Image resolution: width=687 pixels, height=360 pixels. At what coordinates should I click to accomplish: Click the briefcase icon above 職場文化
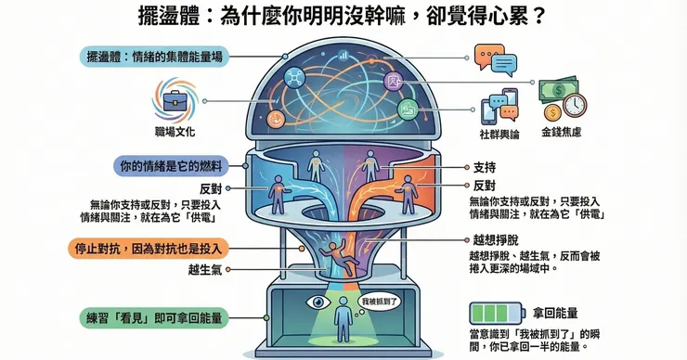[x=175, y=101]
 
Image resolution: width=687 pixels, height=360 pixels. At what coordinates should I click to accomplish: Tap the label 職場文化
[x=175, y=132]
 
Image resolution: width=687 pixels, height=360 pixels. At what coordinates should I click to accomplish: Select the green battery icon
[x=497, y=313]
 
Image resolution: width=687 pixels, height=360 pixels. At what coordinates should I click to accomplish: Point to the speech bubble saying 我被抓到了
[x=379, y=302]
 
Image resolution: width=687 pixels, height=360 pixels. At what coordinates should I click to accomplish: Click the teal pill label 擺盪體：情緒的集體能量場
[x=154, y=57]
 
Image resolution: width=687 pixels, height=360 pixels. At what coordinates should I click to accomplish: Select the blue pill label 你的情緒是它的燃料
[x=172, y=166]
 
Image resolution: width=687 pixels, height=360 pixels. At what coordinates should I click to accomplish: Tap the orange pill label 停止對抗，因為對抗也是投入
[x=149, y=249]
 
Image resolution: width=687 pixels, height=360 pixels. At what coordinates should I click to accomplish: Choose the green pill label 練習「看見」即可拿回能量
[x=154, y=318]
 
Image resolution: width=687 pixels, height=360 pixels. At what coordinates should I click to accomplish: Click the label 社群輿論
[x=499, y=135]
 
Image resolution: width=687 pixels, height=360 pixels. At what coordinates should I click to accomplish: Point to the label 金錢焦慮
[x=562, y=133]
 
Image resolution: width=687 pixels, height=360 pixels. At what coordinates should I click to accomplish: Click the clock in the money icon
[x=575, y=105]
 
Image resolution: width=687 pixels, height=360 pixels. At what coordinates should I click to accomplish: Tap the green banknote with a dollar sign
[x=558, y=91]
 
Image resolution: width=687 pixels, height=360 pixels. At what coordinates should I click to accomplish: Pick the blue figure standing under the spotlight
[x=343, y=320]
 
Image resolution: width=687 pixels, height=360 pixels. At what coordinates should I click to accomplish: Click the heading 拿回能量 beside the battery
[x=555, y=313]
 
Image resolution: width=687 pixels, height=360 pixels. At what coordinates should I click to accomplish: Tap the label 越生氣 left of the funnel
[x=205, y=269]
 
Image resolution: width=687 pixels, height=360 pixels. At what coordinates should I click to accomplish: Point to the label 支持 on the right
[x=484, y=167]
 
